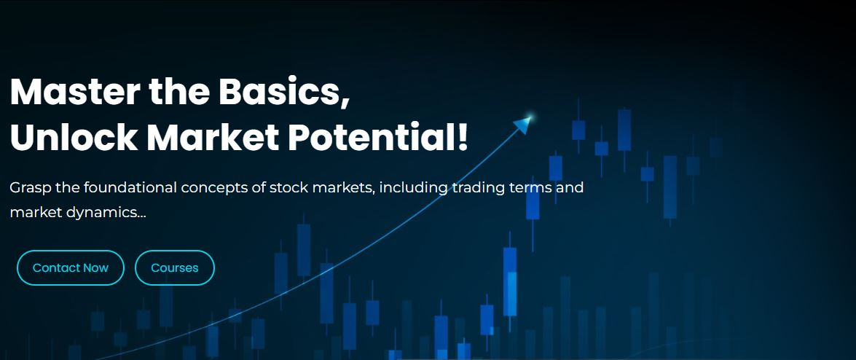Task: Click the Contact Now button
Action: [x=71, y=267]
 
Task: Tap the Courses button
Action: [x=175, y=267]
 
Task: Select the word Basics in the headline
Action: [x=284, y=92]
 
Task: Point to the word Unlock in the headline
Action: [x=74, y=138]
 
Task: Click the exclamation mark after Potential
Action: [x=463, y=138]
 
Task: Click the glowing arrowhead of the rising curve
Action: [x=524, y=124]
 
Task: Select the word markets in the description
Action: [x=341, y=189]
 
